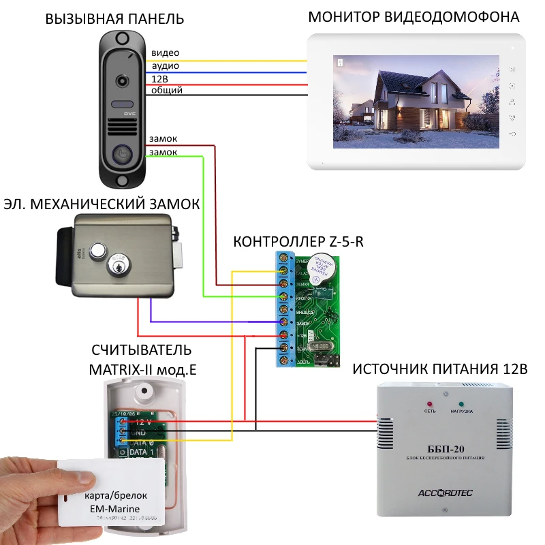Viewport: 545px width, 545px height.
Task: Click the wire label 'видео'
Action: click(166, 52)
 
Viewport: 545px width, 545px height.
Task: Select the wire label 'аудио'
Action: click(166, 65)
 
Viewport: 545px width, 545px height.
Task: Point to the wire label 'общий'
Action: click(167, 90)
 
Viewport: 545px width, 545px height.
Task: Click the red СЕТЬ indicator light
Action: click(429, 404)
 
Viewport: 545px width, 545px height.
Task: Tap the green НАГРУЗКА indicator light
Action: click(461, 404)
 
